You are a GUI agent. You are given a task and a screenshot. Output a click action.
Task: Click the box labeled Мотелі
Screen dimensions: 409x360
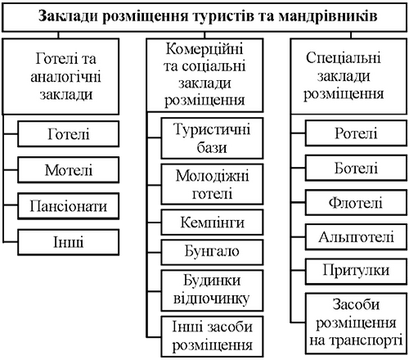pyautogui.click(x=69, y=170)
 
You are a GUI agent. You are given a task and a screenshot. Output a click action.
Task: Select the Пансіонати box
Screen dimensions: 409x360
pyautogui.click(x=69, y=206)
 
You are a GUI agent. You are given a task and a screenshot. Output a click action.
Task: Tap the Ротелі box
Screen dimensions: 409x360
pyautogui.click(x=356, y=133)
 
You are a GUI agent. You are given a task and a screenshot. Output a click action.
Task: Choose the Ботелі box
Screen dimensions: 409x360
pyautogui.click(x=356, y=168)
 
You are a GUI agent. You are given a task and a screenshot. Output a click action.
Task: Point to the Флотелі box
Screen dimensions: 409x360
pyautogui.click(x=356, y=203)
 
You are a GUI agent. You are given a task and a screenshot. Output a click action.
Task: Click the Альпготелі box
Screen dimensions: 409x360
pyautogui.click(x=356, y=237)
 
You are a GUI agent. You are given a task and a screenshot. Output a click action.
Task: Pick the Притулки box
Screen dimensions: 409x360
pyautogui.click(x=356, y=272)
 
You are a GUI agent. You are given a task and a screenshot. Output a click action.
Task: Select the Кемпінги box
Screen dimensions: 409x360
pyautogui.click(x=212, y=223)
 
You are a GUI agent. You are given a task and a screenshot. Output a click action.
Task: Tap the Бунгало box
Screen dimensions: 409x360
pyautogui.click(x=212, y=252)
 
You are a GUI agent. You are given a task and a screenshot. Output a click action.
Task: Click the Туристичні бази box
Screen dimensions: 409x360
pyautogui.click(x=212, y=138)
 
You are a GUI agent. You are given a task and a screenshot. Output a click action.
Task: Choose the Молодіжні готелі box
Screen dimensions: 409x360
pyautogui.click(x=212, y=184)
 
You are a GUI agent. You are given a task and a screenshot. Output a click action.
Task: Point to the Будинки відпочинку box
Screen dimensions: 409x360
pyautogui.click(x=212, y=290)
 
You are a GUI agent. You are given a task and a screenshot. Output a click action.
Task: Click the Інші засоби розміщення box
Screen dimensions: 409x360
pyautogui.click(x=212, y=336)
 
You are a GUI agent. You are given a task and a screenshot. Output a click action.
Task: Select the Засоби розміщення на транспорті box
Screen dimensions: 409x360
pyautogui.click(x=356, y=323)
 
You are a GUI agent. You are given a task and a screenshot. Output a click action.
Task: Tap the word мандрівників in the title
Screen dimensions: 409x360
pyautogui.click(x=328, y=16)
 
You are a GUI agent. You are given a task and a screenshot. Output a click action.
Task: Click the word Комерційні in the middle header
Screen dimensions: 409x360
pyautogui.click(x=204, y=49)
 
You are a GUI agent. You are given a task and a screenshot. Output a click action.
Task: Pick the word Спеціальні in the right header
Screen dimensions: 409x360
pyautogui.click(x=344, y=58)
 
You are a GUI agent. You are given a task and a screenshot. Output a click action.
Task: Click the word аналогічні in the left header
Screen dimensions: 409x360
pyautogui.click(x=65, y=77)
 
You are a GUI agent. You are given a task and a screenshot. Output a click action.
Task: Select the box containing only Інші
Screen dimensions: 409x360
pyautogui.click(x=69, y=242)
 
